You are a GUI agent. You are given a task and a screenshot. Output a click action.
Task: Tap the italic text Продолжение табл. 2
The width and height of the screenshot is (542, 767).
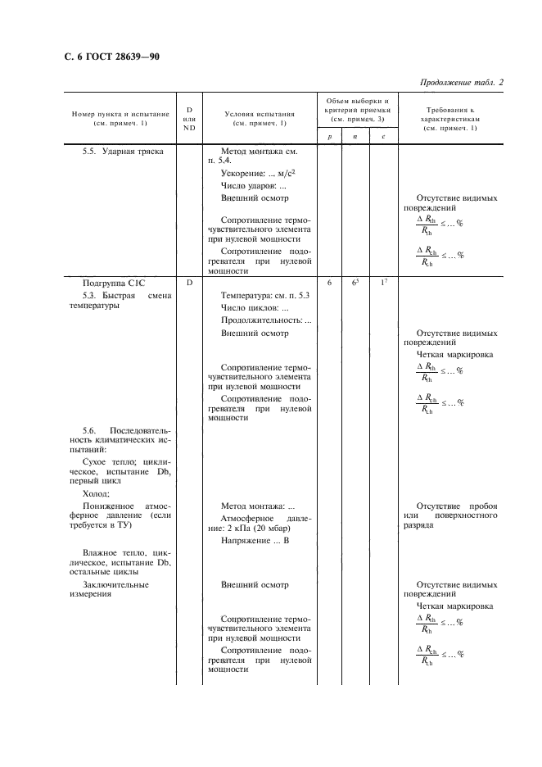[461, 83]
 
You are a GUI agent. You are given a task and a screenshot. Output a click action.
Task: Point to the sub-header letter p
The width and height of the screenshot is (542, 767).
[329, 137]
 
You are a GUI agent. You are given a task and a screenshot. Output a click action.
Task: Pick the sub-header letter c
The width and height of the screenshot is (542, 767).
[383, 137]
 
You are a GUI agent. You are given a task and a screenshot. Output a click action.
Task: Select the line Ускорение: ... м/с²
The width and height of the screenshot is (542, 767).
[258, 173]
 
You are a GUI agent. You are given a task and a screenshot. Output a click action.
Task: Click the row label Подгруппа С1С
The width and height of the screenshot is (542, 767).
[113, 282]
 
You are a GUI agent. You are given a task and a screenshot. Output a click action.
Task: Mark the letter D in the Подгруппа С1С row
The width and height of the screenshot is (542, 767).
[189, 282]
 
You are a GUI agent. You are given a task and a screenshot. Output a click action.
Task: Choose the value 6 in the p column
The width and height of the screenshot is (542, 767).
[329, 282]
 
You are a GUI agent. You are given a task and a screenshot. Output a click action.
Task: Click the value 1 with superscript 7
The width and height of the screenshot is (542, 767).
[383, 282]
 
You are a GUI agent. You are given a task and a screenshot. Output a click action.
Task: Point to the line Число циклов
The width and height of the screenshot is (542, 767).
[255, 307]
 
